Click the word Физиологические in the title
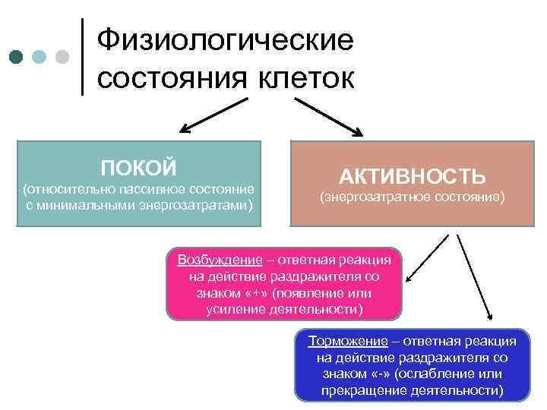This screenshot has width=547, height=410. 226,39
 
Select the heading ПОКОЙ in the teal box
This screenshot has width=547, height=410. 139,167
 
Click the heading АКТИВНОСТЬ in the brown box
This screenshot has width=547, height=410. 412,177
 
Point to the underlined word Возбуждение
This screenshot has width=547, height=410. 220,260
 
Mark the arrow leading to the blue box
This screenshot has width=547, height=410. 474,277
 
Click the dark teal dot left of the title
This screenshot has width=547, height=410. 17,57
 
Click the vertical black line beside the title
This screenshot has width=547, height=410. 82,57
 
